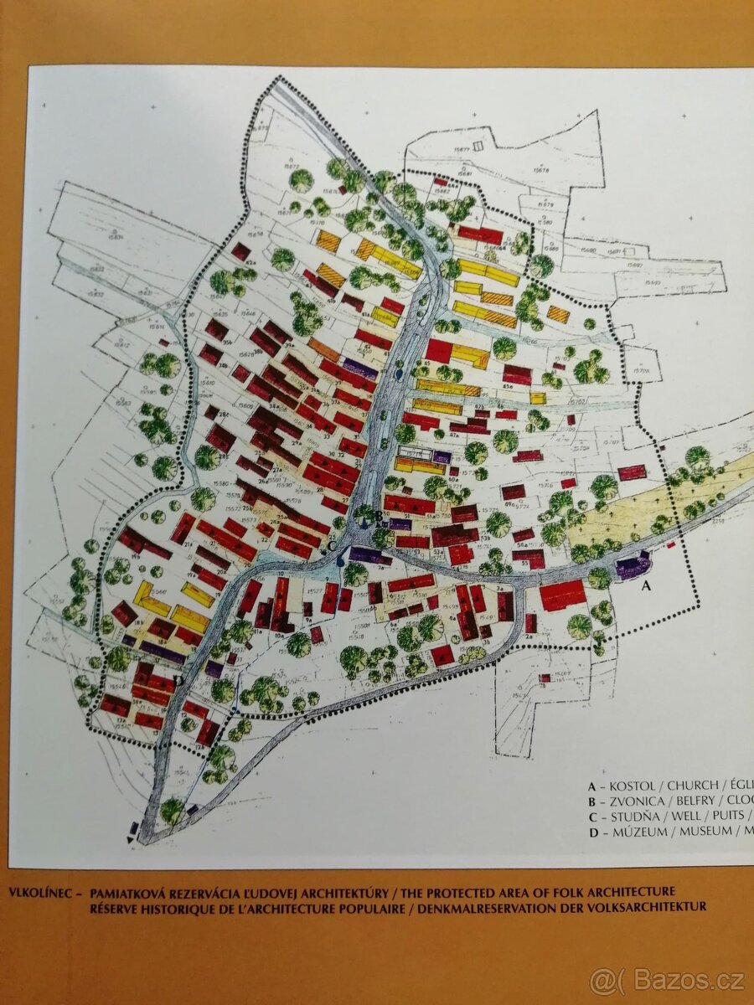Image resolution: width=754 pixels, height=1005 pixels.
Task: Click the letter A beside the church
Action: tap(645, 587)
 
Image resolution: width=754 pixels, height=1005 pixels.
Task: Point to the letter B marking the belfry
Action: tap(379, 516)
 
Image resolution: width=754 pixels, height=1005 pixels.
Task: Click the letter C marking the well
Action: tap(332, 547)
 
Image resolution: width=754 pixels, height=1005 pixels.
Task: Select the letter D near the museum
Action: tap(178, 680)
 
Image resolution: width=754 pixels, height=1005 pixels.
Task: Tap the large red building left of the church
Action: tap(562, 595)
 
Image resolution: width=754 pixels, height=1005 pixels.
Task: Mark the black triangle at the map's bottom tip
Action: tap(129, 838)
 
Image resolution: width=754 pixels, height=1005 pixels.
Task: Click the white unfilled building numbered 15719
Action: tap(415, 453)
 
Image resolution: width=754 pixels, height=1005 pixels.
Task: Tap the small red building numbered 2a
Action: tap(530, 623)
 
